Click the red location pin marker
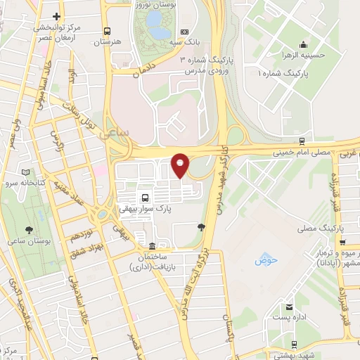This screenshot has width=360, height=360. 181,165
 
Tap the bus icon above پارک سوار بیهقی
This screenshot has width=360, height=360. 144,197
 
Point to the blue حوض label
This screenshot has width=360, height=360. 267,260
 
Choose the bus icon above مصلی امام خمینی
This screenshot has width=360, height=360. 302,141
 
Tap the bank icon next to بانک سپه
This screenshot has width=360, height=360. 184,32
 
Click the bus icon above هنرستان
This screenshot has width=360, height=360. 107,31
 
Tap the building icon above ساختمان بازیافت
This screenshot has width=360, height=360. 153,247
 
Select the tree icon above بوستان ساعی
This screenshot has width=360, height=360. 29,231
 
